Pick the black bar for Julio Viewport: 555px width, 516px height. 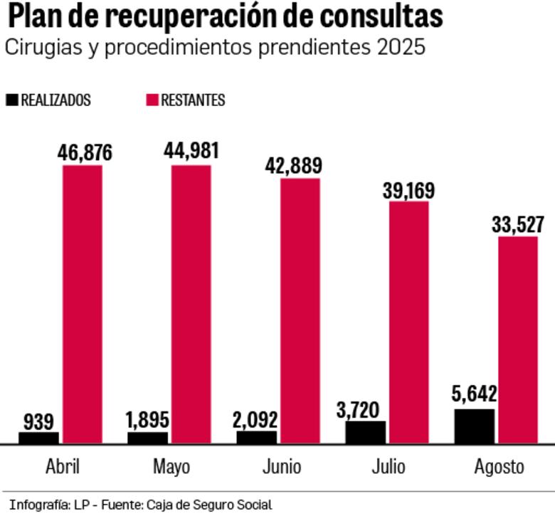[x=366, y=432]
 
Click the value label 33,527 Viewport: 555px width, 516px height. [x=517, y=225]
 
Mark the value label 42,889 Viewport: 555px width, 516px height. [x=300, y=166]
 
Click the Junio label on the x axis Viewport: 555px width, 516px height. [x=281, y=467]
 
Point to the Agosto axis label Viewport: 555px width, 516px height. [x=499, y=468]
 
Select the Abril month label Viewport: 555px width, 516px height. [x=63, y=467]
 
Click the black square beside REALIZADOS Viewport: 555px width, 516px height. [x=11, y=100]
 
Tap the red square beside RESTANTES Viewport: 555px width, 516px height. [x=152, y=100]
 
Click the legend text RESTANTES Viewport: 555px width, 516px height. [x=193, y=100]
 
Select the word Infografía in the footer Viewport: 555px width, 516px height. [x=38, y=505]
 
